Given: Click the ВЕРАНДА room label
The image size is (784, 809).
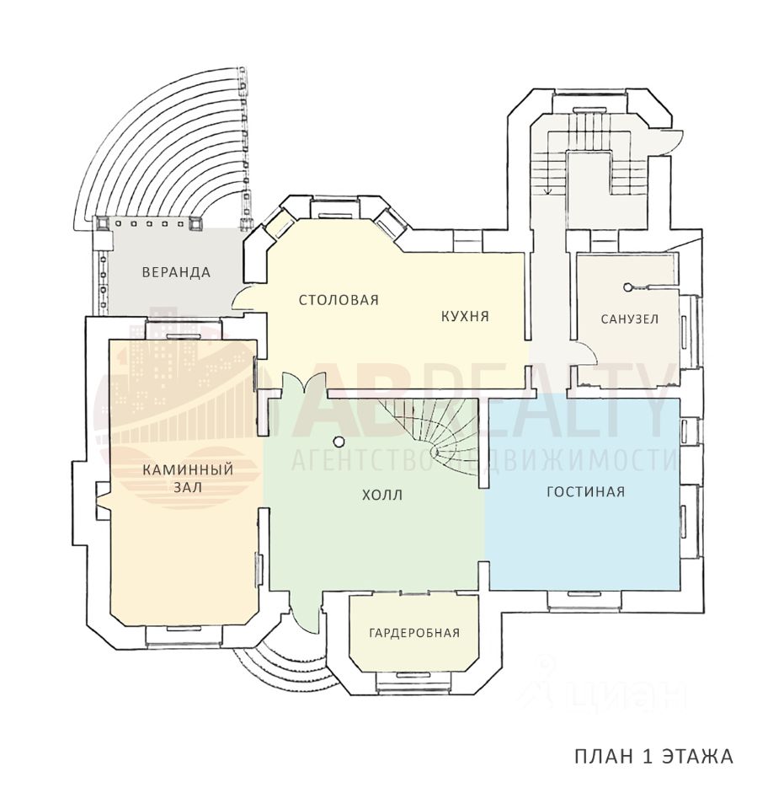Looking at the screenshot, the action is (176, 272).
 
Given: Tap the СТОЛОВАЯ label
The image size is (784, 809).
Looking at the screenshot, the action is (339, 300).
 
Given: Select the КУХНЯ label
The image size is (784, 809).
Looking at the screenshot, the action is (465, 317).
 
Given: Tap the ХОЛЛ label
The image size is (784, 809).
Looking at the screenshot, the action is (381, 496).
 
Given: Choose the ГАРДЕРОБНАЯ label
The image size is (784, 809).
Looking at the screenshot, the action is (414, 633).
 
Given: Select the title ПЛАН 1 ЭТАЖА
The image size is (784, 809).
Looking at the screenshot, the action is (653, 756).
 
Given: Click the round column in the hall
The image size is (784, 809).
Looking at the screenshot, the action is (339, 440).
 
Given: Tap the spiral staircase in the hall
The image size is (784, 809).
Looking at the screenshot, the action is (438, 434).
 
